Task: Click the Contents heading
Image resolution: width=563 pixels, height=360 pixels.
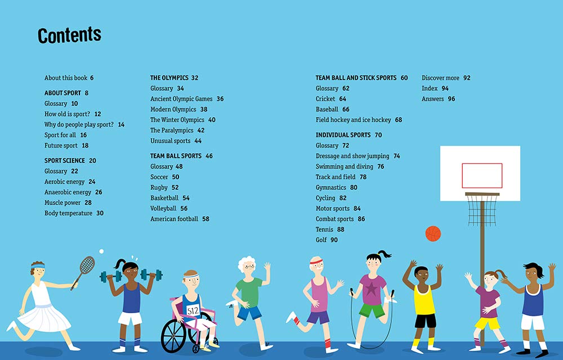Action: coord(69,35)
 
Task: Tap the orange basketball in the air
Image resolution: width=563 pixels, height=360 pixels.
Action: coord(433,233)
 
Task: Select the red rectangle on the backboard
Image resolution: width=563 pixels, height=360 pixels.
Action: coord(482,175)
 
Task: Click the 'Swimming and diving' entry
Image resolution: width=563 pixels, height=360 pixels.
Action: coord(344,167)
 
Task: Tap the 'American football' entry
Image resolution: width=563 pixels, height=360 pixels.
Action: coord(174,219)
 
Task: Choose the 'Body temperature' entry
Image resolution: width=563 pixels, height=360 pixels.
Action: coord(68,214)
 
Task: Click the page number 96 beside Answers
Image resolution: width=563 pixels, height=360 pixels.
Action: coord(452,99)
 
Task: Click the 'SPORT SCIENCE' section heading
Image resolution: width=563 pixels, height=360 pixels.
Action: coord(65,161)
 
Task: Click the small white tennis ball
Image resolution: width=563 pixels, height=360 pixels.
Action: coord(101,251)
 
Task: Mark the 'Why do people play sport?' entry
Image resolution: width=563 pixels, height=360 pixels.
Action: coord(79,125)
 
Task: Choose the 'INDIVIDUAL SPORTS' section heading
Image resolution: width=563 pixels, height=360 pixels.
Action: coord(343,135)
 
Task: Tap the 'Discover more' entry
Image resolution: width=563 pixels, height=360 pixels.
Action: coord(440,78)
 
